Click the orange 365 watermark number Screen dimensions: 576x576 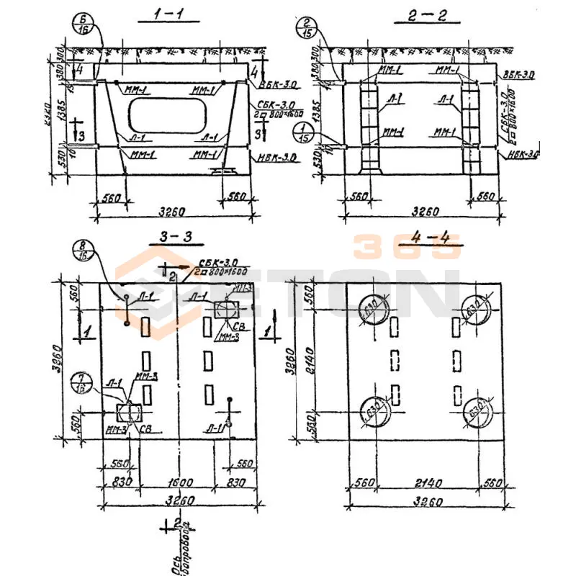point(407,248)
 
